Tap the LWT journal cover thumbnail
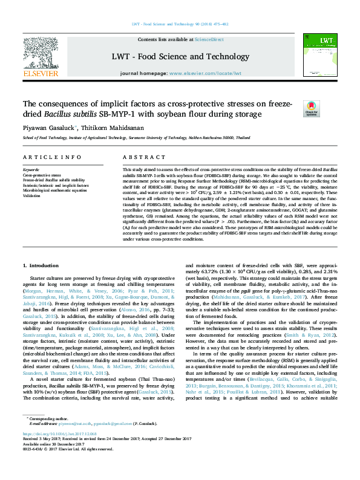(319, 53)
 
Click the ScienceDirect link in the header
(208, 39)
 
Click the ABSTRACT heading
(136, 157)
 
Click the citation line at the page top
(180, 24)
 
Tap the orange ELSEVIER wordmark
(40, 74)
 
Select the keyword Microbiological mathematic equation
(55, 190)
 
